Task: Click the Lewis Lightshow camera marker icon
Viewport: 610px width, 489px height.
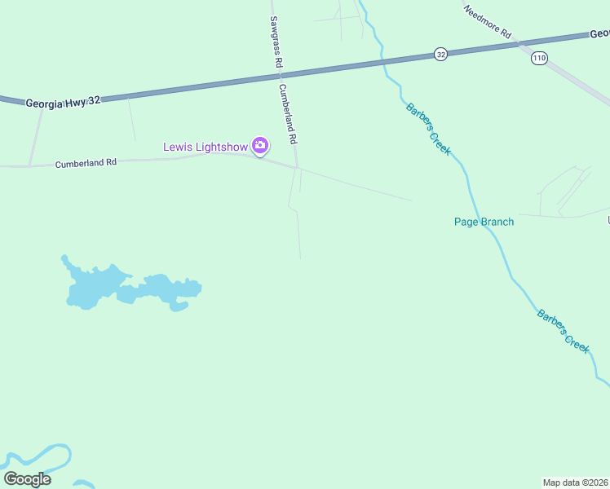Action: [x=260, y=147]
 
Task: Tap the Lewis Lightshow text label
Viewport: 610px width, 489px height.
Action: [x=206, y=147]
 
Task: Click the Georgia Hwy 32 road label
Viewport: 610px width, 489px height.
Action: [x=63, y=102]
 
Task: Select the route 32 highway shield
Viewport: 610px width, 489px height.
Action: [x=440, y=54]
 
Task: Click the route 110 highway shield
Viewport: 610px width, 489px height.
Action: [x=538, y=58]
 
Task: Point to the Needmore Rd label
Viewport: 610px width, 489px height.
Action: [x=487, y=22]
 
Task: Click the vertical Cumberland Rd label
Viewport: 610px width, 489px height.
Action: [x=288, y=113]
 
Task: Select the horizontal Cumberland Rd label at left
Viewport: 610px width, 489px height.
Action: [x=86, y=163]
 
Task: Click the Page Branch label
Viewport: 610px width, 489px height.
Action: [x=484, y=222]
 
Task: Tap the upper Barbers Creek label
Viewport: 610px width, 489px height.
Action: [x=428, y=129]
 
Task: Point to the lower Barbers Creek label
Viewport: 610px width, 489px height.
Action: [x=563, y=330]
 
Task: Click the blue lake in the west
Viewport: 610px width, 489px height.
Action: [x=98, y=287]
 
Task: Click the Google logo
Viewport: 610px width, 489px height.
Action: [x=27, y=479]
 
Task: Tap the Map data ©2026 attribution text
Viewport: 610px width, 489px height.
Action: [x=576, y=482]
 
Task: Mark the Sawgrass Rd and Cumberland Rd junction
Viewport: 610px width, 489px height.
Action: [x=297, y=167]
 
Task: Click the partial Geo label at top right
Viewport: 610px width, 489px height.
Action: [x=599, y=33]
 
